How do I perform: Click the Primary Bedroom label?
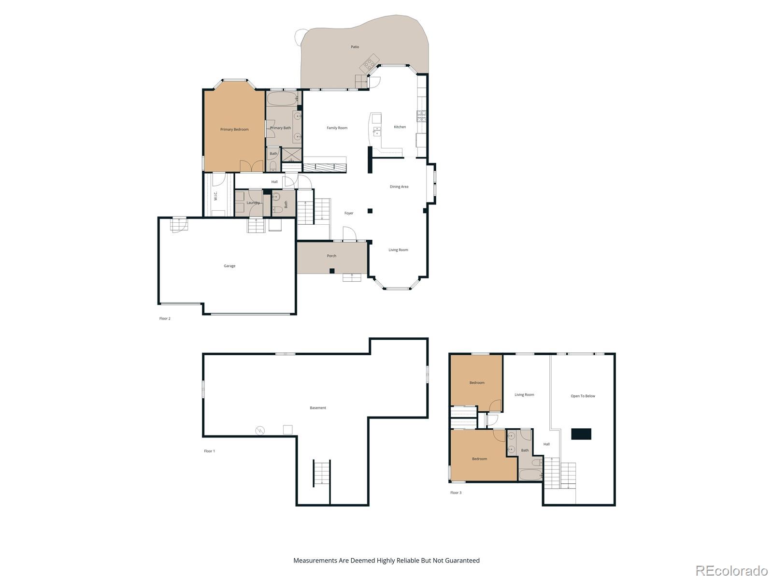[234, 130]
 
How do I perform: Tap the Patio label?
[355, 47]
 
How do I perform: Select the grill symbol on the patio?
[370, 63]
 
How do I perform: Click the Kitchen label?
[400, 127]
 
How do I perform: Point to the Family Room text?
[337, 128]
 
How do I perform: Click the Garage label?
[229, 266]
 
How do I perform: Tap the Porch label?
[331, 256]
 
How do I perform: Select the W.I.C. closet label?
[215, 196]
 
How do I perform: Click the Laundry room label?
[253, 203]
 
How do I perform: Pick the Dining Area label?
[399, 187]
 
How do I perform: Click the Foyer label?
[349, 213]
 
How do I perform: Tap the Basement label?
[318, 408]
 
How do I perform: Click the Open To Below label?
[583, 396]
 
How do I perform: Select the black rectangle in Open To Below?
[581, 434]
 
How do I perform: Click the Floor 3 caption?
[456, 493]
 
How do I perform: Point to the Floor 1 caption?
[209, 451]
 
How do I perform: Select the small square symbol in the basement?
[287, 430]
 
